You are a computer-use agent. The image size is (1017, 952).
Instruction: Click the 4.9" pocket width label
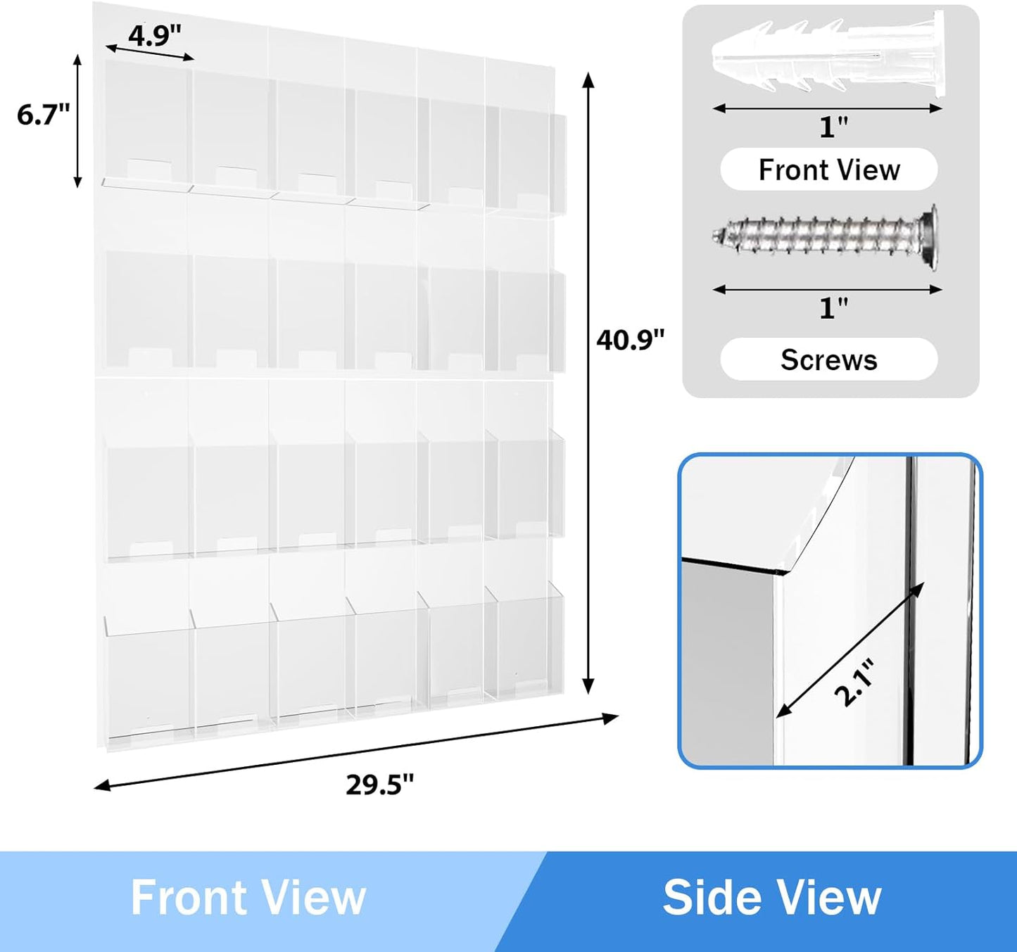pos(155,35)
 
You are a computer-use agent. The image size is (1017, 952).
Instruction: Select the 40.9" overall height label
pos(630,340)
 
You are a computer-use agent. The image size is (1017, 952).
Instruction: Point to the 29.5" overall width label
pos(379,784)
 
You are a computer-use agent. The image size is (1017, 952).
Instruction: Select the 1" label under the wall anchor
pos(833,127)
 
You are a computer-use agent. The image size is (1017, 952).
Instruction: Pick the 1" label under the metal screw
pos(833,308)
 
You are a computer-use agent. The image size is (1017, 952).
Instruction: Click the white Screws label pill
pos(828,360)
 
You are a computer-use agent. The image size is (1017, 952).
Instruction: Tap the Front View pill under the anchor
pos(828,170)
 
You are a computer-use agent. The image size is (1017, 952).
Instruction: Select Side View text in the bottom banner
pos(771,898)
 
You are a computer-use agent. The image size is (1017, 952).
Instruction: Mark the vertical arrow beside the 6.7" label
pos(78,121)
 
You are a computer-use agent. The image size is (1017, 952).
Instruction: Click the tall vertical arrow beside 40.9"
pos(589,383)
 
